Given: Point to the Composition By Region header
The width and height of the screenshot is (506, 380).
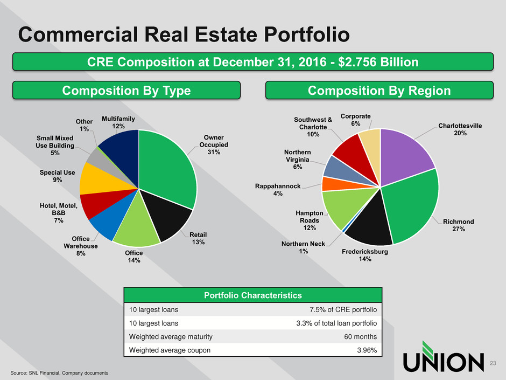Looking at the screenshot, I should click(380, 91).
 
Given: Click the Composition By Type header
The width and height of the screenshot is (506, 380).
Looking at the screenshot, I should click(127, 91).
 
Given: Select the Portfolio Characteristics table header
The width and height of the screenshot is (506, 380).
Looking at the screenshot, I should click(252, 295).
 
